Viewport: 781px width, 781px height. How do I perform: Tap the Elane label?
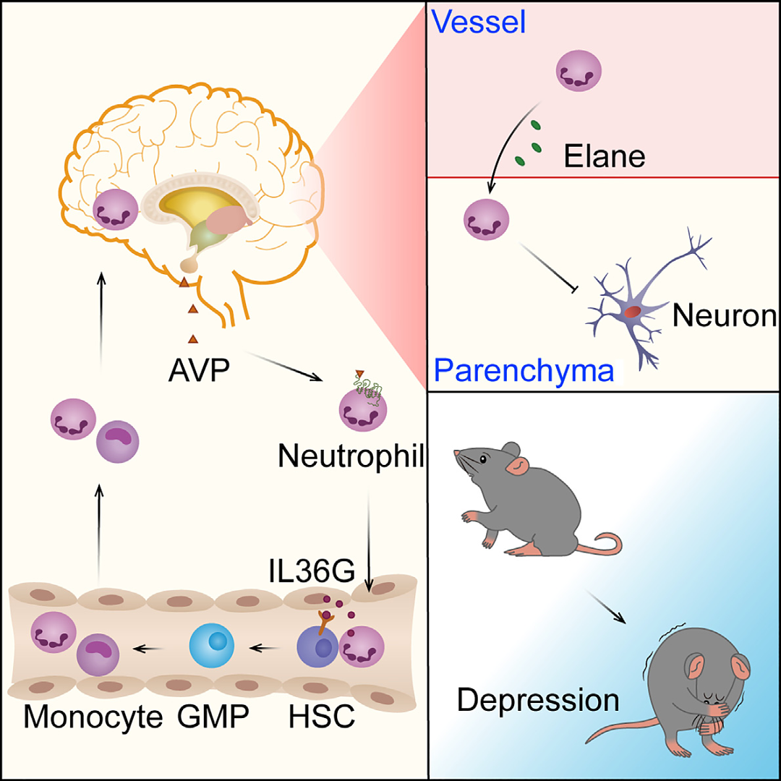tap(605, 155)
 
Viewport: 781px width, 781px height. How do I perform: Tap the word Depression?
tap(539, 699)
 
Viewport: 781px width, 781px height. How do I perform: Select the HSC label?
tap(321, 717)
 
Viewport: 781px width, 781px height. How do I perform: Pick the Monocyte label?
tap(93, 717)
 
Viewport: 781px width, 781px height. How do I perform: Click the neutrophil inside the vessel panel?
tap(578, 75)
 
